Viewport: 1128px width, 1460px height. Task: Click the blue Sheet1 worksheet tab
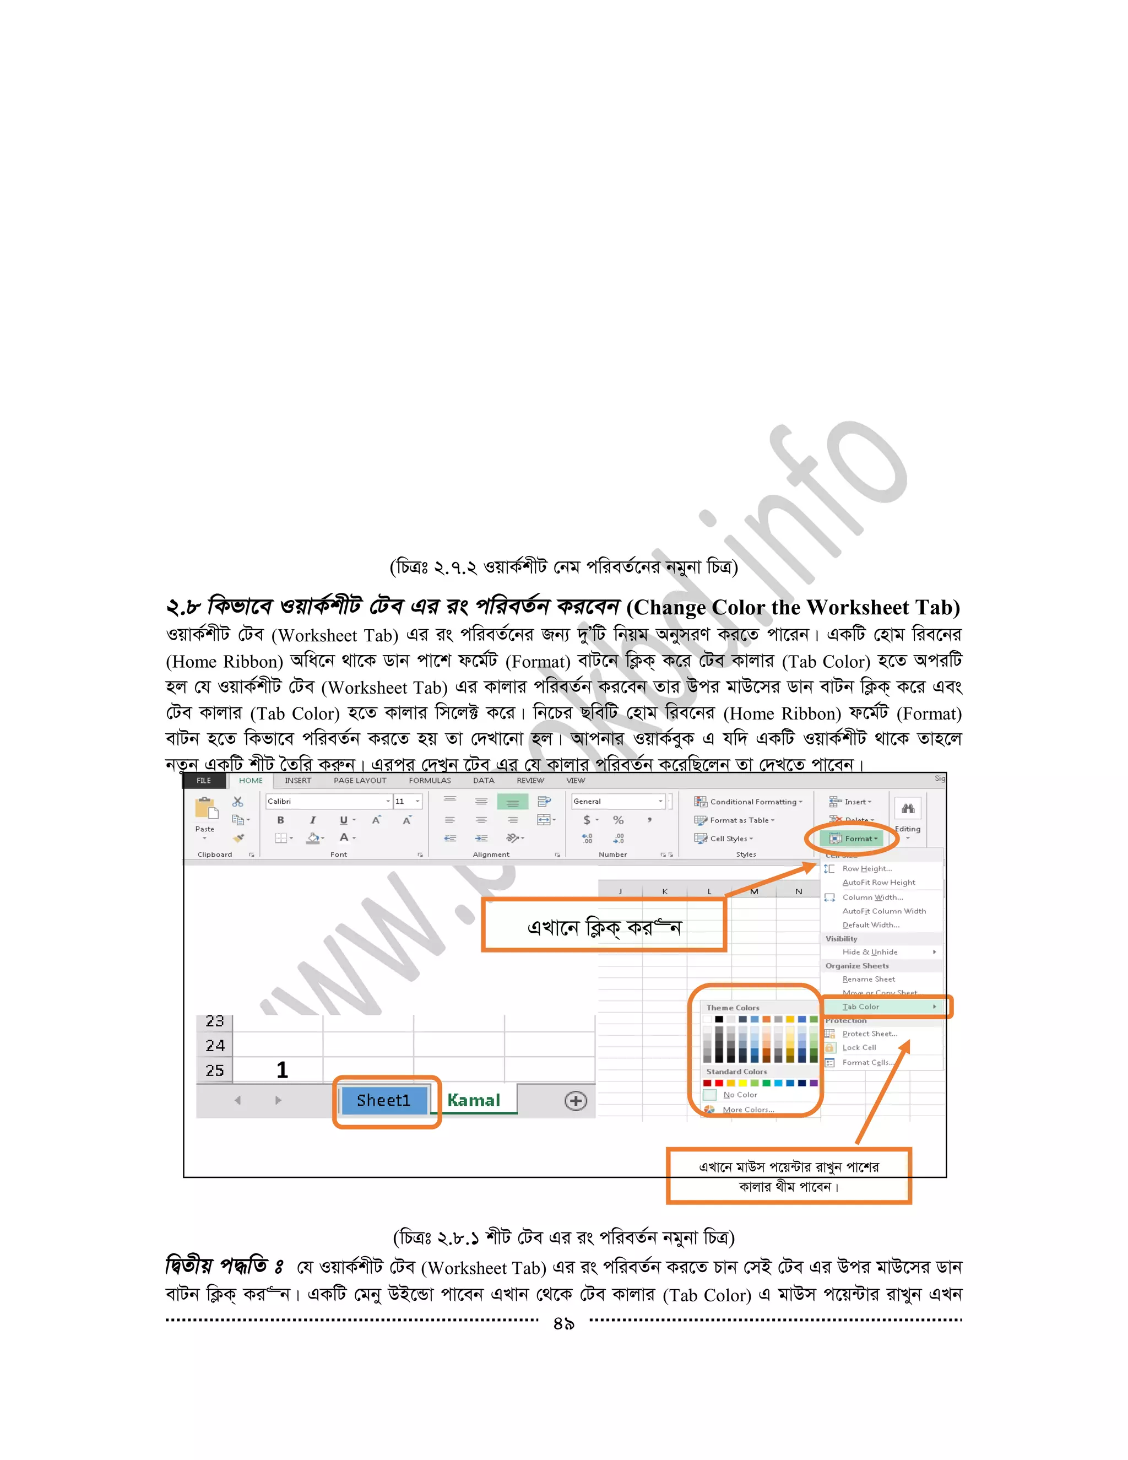383,1100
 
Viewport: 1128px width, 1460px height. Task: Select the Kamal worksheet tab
474,1100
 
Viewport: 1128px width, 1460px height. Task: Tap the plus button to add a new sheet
576,1101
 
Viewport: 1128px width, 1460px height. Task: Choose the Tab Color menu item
861,1007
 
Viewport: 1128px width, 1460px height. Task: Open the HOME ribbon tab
251,781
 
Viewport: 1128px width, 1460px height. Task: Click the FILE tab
204,781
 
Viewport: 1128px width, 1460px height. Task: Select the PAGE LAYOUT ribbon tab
360,781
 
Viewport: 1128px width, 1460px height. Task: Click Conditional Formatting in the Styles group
752,802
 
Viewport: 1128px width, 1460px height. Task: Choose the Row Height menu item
867,869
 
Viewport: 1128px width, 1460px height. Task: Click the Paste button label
204,829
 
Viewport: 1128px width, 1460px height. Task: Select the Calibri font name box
324,802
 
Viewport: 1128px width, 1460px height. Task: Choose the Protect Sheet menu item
869,1034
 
